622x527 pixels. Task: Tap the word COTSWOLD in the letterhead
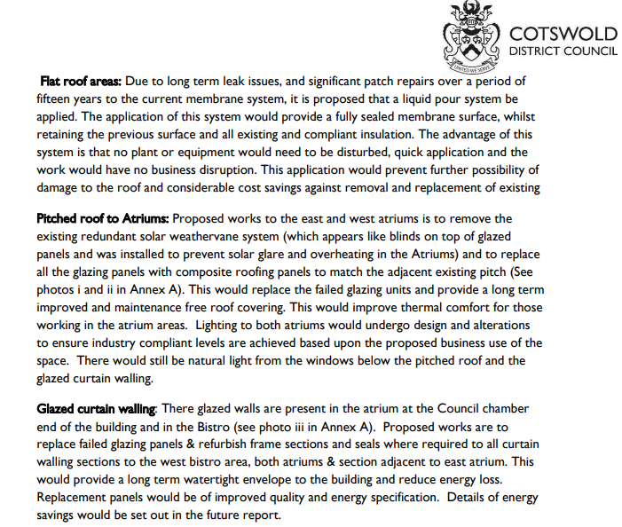coord(563,34)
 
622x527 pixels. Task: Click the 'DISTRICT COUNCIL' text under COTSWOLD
coord(563,51)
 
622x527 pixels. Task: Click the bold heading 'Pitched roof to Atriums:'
coord(103,218)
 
